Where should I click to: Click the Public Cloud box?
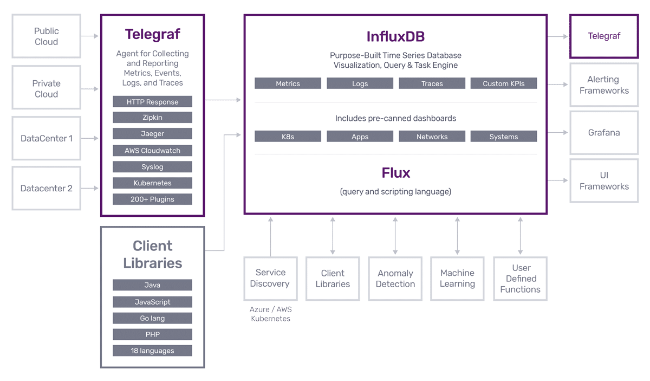[x=47, y=36]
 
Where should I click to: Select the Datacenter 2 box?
[x=47, y=188]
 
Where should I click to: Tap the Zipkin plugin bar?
[x=152, y=118]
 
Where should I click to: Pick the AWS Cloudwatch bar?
[x=152, y=150]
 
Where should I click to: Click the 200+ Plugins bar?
[x=152, y=199]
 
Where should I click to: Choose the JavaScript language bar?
[x=152, y=302]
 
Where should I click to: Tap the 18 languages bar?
[x=152, y=351]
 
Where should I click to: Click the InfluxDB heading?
[x=395, y=36]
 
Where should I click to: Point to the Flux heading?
[x=395, y=173]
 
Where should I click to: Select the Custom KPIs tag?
[x=503, y=83]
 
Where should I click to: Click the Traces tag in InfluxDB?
[x=432, y=83]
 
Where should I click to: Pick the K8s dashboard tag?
[x=288, y=137]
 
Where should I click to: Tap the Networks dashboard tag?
[x=432, y=137]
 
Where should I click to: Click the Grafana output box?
[x=604, y=133]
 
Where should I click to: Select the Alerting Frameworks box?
[x=604, y=85]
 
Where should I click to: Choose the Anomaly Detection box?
[x=395, y=279]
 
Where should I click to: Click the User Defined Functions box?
[x=520, y=279]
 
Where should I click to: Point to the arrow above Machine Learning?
[x=458, y=236]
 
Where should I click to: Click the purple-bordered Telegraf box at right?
[x=604, y=36]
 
